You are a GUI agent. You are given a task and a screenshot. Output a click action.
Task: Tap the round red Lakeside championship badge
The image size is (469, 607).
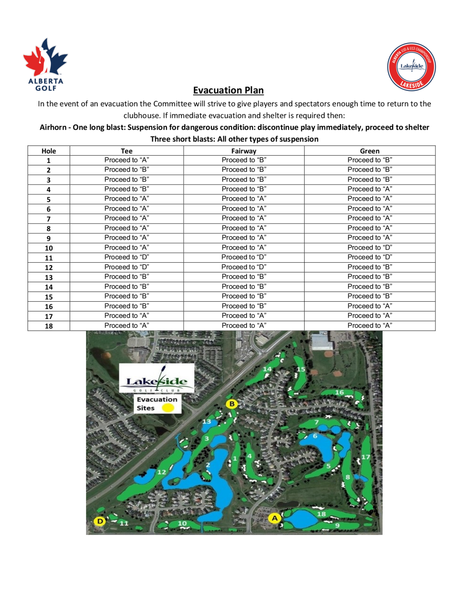tap(411, 67)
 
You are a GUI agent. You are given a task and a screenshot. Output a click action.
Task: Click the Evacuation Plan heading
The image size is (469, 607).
tap(228, 90)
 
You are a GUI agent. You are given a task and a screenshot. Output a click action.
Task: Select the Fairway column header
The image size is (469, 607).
tap(244, 151)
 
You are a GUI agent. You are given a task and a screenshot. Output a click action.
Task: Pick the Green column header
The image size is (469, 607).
tap(370, 151)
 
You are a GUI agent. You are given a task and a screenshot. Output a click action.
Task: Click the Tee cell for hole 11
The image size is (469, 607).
tap(126, 257)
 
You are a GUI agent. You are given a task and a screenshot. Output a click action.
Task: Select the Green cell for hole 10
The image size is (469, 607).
tap(370, 248)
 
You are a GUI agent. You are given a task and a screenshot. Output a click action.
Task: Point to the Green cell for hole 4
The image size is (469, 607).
tap(370, 189)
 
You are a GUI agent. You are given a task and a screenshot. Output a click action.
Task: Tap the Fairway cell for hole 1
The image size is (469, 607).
tap(244, 160)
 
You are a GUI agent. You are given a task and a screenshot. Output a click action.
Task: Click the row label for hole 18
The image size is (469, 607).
tap(49, 326)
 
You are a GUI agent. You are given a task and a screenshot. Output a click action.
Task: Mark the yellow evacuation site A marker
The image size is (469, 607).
tap(275, 518)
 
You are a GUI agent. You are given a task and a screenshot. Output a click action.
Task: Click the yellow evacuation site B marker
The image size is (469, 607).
tap(232, 404)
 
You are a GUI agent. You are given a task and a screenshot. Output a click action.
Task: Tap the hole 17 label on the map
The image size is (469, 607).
tap(366, 457)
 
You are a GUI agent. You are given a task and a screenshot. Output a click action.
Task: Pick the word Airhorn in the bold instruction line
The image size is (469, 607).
tap(53, 127)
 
